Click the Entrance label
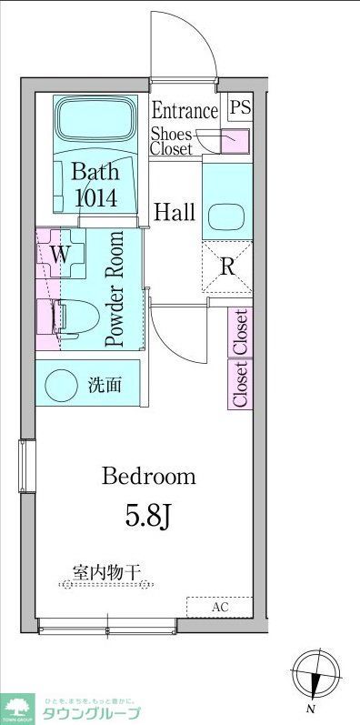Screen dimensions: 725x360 pyautogui.click(x=185, y=111)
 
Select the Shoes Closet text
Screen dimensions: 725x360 pyautogui.click(x=171, y=141)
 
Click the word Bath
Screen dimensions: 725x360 pyautogui.click(x=95, y=171)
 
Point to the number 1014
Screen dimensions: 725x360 pyautogui.click(x=95, y=196)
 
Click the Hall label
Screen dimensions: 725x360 pyautogui.click(x=174, y=213)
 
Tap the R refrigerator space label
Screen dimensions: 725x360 pyautogui.click(x=227, y=267)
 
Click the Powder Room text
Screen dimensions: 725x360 pyautogui.click(x=115, y=289)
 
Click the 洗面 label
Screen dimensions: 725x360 pyautogui.click(x=103, y=385)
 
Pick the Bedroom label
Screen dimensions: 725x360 pyautogui.click(x=149, y=476)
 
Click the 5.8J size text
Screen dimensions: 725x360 pyautogui.click(x=148, y=515)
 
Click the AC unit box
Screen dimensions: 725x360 pyautogui.click(x=219, y=607)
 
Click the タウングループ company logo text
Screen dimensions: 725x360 pyautogui.click(x=88, y=712)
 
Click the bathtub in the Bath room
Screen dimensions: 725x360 pyautogui.click(x=94, y=117)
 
